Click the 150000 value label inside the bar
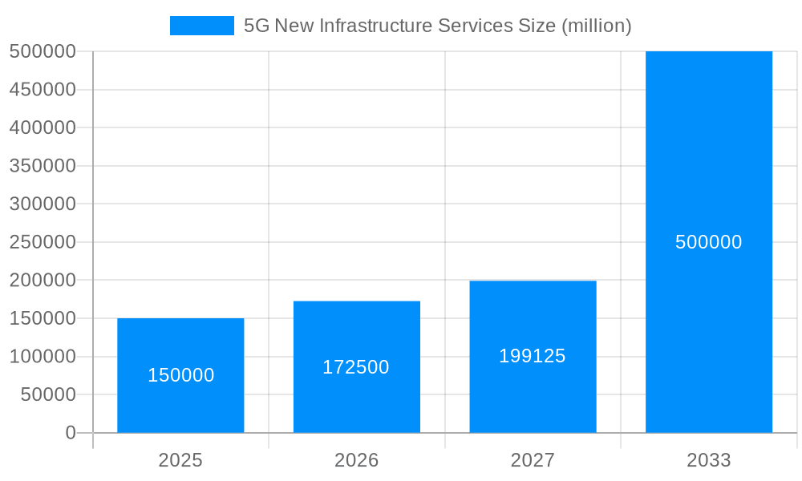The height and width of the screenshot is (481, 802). [180, 375]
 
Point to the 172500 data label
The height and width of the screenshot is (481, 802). [356, 367]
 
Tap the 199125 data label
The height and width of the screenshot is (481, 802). [533, 356]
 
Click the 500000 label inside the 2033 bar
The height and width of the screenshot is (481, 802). [709, 242]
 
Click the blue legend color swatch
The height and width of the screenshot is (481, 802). [201, 26]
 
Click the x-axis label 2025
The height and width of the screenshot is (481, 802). [180, 460]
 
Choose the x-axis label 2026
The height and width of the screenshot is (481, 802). [357, 460]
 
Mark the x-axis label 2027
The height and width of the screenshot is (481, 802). [533, 460]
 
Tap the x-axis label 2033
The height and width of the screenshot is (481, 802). [709, 460]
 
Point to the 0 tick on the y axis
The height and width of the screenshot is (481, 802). [71, 433]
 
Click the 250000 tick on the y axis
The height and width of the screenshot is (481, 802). [43, 242]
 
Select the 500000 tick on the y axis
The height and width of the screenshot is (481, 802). [43, 51]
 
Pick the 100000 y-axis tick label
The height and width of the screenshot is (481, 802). [43, 357]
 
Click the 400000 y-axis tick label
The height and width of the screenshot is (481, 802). [43, 127]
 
